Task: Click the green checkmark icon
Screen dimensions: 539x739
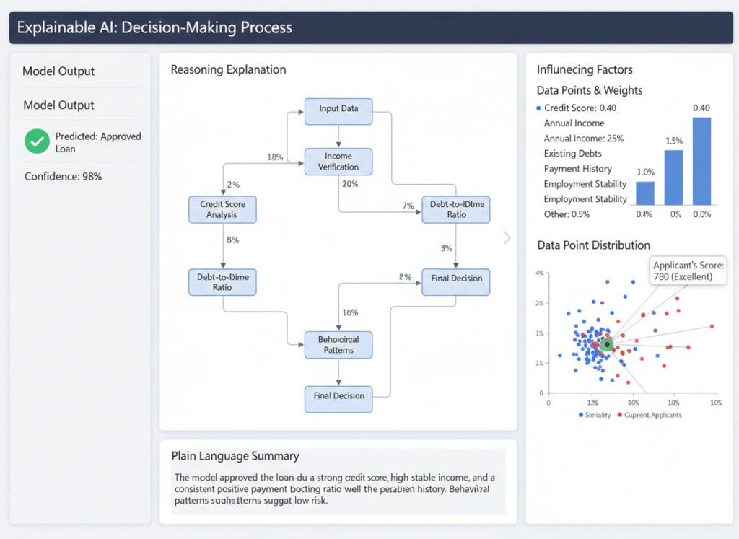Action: click(x=37, y=141)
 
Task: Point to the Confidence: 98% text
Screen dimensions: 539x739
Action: click(x=63, y=176)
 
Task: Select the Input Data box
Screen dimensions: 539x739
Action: click(x=338, y=109)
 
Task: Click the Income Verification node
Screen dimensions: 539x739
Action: click(x=338, y=162)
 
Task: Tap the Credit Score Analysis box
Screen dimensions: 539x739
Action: click(x=222, y=209)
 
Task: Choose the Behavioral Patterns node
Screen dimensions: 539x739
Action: click(x=338, y=344)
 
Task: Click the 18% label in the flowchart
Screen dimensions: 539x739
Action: click(x=275, y=157)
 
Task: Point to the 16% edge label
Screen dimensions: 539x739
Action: click(x=350, y=312)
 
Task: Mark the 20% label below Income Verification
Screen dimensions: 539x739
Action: click(x=350, y=184)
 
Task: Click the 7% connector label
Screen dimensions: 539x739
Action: click(x=408, y=206)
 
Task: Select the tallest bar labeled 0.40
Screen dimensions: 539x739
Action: click(x=701, y=161)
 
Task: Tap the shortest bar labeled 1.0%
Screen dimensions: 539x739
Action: click(x=645, y=193)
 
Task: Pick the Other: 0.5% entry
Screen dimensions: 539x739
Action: click(x=567, y=214)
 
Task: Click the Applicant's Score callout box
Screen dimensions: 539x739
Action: click(x=688, y=271)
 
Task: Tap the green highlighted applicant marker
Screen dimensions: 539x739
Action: click(x=607, y=345)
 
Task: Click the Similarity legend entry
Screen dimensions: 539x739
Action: click(x=595, y=415)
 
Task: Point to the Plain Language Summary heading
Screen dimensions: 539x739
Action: click(x=235, y=456)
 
